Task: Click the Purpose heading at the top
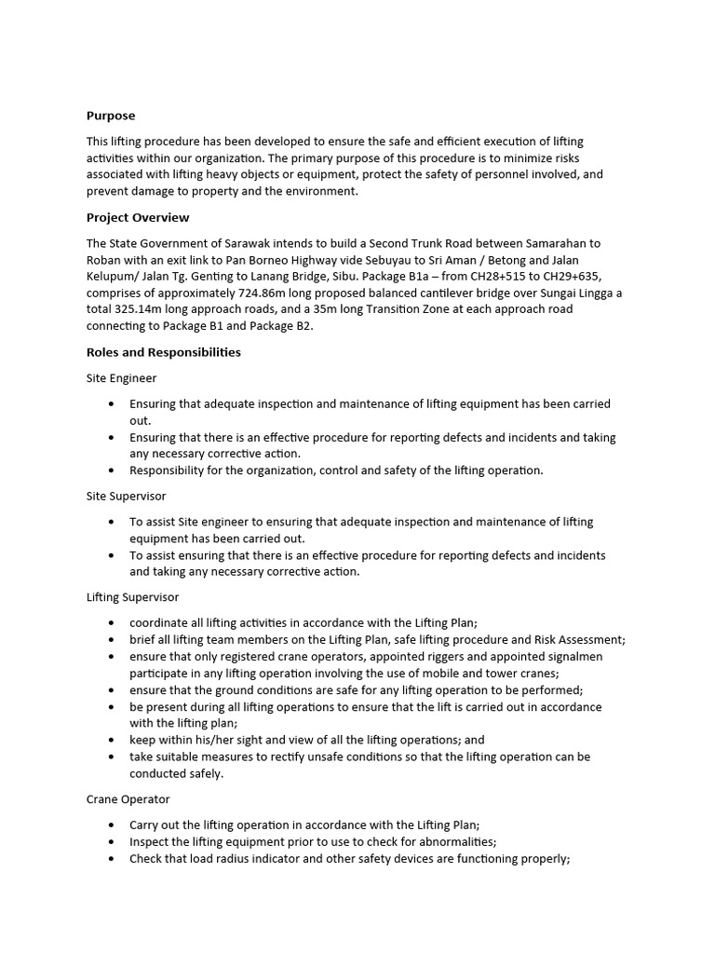pyautogui.click(x=111, y=116)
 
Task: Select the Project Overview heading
pyautogui.click(x=138, y=217)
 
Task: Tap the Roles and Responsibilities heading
pyautogui.click(x=164, y=352)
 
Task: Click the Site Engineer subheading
pyautogui.click(x=122, y=378)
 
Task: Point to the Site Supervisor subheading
pyautogui.click(x=127, y=497)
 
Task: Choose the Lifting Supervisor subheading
pyautogui.click(x=133, y=596)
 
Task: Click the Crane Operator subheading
pyautogui.click(x=128, y=799)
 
